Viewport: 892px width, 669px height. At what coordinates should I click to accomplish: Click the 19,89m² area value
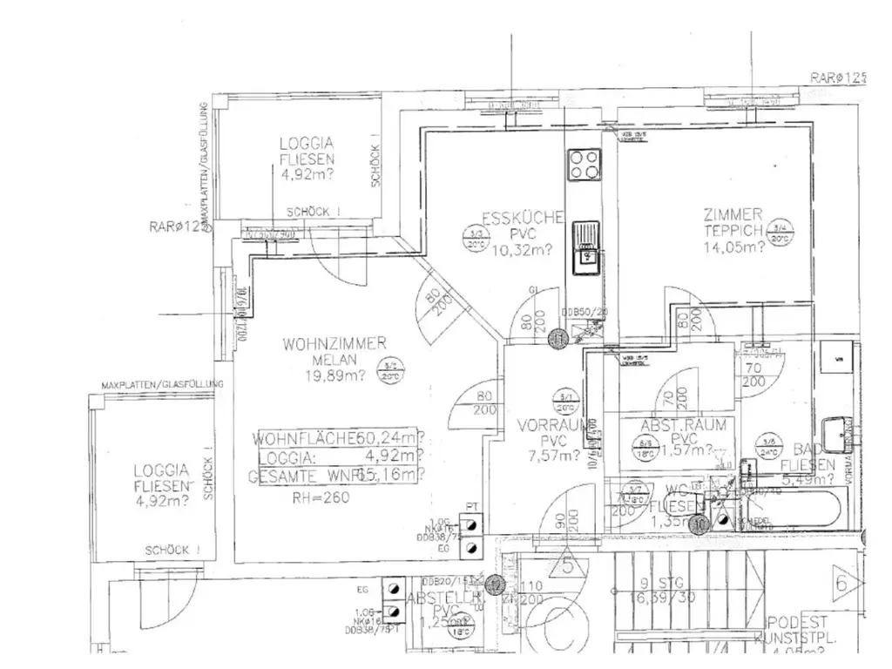pos(334,376)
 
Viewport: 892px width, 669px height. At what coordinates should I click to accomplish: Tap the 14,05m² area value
pos(734,247)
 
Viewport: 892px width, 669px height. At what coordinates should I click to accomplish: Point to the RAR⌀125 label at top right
pos(839,78)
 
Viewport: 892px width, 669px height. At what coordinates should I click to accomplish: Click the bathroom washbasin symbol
pos(841,434)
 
